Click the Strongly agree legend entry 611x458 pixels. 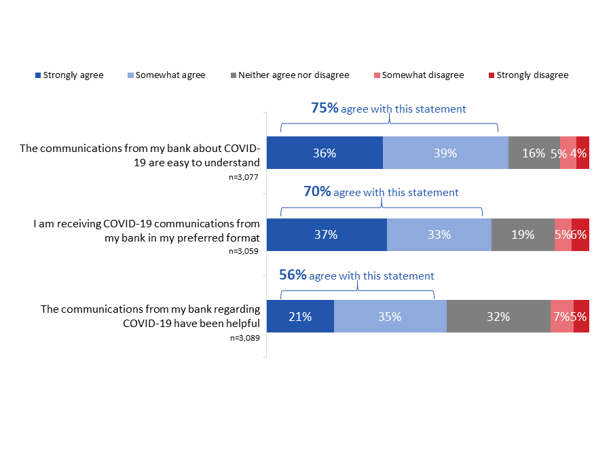[x=69, y=75]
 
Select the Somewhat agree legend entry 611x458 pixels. [x=166, y=75]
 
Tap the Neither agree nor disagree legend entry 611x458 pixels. [x=288, y=75]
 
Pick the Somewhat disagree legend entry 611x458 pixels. [x=418, y=75]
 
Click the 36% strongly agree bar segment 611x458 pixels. [x=325, y=153]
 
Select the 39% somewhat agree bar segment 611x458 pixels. [x=445, y=153]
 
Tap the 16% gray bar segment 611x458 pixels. [x=534, y=153]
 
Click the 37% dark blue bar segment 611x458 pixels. [x=327, y=235]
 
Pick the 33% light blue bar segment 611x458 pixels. [x=439, y=235]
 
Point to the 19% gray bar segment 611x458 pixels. [x=523, y=235]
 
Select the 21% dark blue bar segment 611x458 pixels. [x=300, y=316]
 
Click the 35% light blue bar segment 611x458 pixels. [x=390, y=316]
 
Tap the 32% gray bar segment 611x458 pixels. [x=498, y=316]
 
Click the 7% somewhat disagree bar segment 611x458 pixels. [x=562, y=316]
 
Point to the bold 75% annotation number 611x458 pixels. [x=325, y=109]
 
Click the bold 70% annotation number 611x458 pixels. [x=317, y=192]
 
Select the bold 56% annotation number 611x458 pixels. [x=293, y=275]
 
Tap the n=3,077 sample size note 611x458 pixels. [x=245, y=178]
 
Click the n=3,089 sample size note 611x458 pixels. [x=245, y=337]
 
